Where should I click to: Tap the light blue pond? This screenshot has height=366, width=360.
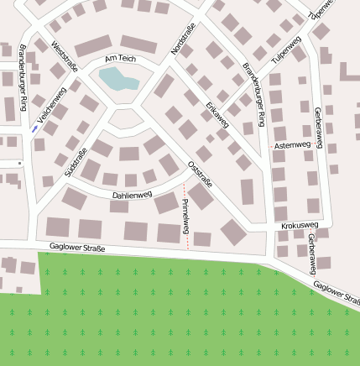coord(117,80)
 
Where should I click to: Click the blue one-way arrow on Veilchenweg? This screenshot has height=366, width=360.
coord(34,129)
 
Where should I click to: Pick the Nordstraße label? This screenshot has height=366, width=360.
coord(182,40)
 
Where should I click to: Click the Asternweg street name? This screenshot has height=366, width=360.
coord(292,145)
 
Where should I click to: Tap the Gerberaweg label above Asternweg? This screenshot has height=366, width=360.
coord(319,123)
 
